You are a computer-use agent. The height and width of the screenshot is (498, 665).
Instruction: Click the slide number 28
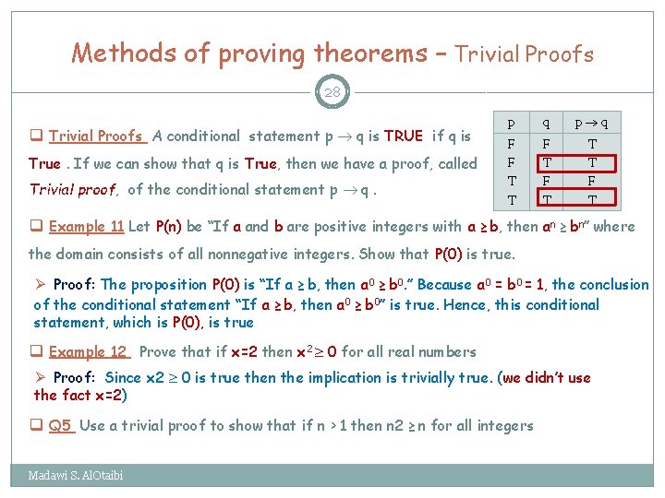click(x=332, y=91)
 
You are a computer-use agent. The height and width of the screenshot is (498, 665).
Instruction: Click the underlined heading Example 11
click(x=88, y=227)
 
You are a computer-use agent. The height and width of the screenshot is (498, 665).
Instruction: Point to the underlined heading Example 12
click(x=89, y=351)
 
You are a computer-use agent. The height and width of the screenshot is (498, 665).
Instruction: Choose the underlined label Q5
click(x=61, y=425)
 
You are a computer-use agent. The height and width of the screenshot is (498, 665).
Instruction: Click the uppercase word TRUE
click(x=403, y=136)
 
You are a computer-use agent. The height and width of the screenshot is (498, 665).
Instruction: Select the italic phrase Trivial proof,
click(x=73, y=190)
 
